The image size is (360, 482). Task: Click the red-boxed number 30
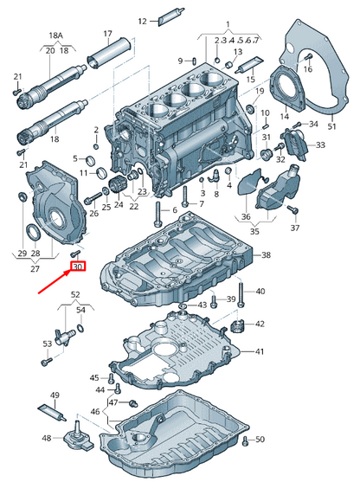click(78, 267)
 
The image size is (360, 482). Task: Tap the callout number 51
click(331, 125)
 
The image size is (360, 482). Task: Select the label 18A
click(55, 37)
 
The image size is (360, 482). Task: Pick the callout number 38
click(266, 255)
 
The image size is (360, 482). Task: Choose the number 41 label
click(260, 352)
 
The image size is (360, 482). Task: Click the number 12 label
click(144, 19)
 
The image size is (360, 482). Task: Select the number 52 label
click(75, 296)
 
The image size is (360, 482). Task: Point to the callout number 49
click(55, 395)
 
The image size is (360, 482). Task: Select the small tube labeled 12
click(168, 19)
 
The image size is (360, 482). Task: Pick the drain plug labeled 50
click(245, 441)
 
